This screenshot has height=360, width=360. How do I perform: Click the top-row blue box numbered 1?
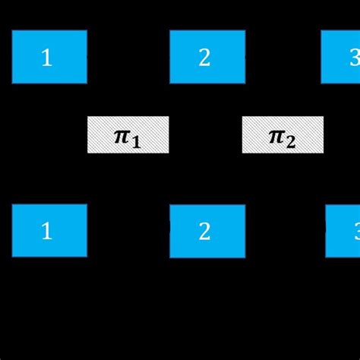coord(49,57)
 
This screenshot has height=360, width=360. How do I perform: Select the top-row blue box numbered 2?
coord(207,57)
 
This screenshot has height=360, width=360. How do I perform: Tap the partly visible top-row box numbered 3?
coord(341,57)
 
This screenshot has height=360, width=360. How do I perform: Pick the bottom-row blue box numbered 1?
coord(49,230)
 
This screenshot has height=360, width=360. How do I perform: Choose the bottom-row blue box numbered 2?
coord(207,231)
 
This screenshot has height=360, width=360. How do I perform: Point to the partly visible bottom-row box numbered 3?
coord(343,231)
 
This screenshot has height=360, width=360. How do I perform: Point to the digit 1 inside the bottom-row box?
coord(46,232)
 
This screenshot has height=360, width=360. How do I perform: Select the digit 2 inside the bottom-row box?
coord(204,232)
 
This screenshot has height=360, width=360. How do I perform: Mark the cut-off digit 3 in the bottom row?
coord(355,232)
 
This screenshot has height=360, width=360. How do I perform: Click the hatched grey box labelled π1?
coord(128,135)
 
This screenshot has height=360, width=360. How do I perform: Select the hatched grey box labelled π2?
coord(283,135)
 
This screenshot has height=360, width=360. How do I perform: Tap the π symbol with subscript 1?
coord(122,135)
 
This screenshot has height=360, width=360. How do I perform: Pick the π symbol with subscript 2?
coord(276,135)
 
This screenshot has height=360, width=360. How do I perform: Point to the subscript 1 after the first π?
coord(136,141)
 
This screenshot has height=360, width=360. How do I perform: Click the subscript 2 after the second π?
coord(291,141)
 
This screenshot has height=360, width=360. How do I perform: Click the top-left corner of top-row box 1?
coord(13,31)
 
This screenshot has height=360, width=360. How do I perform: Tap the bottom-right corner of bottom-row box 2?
coord(245,257)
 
